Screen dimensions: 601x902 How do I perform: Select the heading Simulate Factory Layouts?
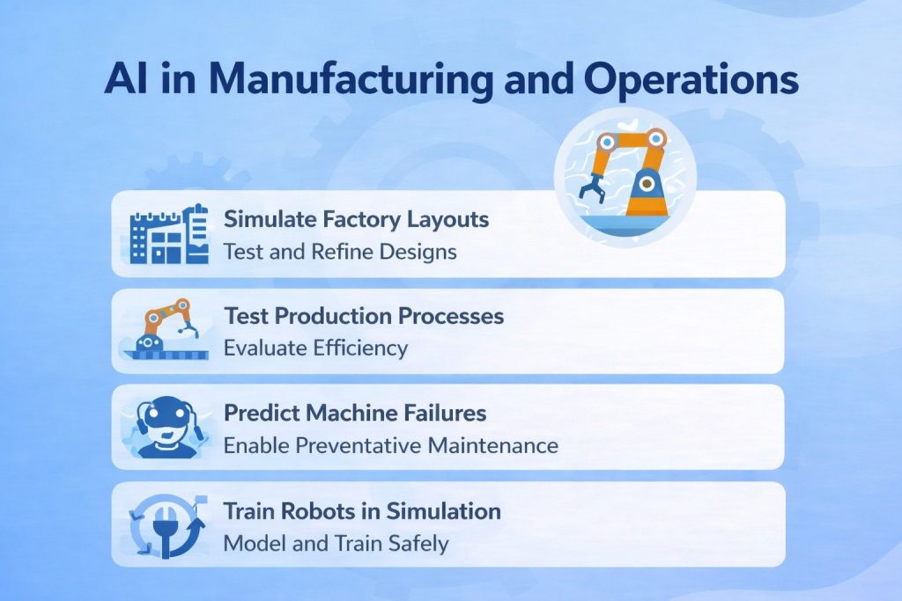pyautogui.click(x=356, y=218)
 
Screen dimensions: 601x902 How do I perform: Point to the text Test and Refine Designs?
pyautogui.click(x=339, y=252)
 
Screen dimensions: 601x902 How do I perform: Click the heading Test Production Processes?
pyautogui.click(x=364, y=315)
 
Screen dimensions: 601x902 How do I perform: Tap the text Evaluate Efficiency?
pyautogui.click(x=315, y=348)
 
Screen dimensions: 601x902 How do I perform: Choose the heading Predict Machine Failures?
pyautogui.click(x=354, y=412)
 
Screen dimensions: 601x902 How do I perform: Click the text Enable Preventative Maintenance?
pyautogui.click(x=390, y=445)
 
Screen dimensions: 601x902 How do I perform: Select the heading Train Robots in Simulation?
pyautogui.click(x=362, y=510)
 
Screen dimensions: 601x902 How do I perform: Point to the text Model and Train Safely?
pyautogui.click(x=336, y=543)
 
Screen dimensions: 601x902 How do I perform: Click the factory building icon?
pyautogui.click(x=168, y=234)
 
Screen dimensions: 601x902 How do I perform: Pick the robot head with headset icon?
pyautogui.click(x=168, y=427)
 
